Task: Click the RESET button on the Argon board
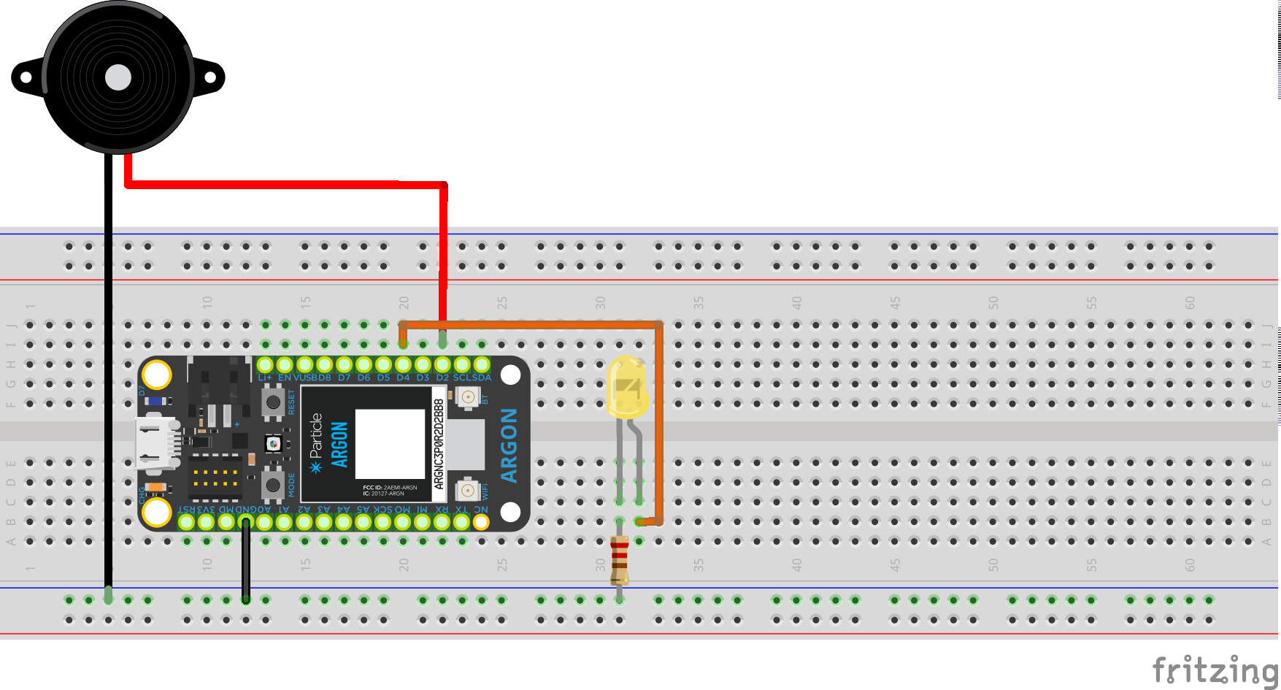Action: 273,402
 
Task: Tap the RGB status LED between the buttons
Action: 273,443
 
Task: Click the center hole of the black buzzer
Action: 118,77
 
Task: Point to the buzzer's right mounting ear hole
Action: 212,77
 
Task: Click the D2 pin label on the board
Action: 442,377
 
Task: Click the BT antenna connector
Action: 467,397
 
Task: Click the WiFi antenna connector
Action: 467,490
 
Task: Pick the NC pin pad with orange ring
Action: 481,521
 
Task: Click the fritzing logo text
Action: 1215,670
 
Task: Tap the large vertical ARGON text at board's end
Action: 509,445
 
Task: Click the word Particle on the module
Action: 316,436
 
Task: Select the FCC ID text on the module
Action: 390,487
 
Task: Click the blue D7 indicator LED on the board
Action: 155,401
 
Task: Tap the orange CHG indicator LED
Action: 155,487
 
